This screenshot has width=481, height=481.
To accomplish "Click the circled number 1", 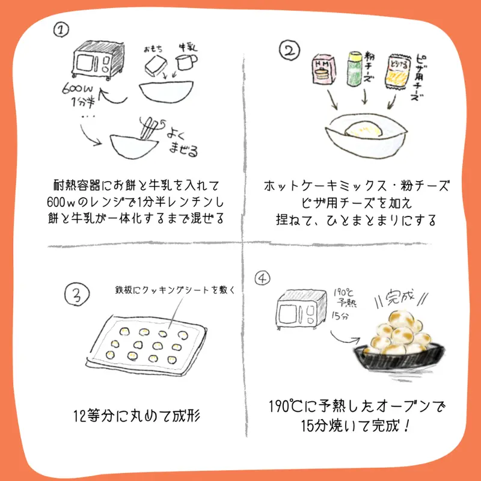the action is click(x=61, y=29).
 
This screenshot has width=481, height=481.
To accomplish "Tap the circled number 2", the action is click(x=289, y=51).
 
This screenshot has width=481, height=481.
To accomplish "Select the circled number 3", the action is click(x=77, y=295).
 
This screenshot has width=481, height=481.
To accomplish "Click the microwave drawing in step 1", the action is click(x=99, y=60).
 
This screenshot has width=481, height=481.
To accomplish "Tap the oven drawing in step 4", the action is click(x=301, y=310).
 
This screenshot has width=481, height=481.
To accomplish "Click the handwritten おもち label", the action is click(x=153, y=49).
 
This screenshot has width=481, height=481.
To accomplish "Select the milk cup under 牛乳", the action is click(x=186, y=62).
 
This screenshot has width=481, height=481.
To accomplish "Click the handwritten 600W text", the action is click(x=78, y=88).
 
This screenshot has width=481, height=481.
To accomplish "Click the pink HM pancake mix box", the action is click(x=324, y=69).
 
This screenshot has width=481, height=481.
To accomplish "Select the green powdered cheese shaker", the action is click(x=355, y=69).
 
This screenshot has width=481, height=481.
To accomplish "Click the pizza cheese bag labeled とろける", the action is click(x=398, y=72).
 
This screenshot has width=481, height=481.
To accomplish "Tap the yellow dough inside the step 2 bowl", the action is click(x=364, y=129).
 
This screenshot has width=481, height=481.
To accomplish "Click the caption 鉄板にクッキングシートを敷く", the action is click(x=175, y=290).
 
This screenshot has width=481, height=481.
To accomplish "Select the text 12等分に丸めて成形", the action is click(x=137, y=416).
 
